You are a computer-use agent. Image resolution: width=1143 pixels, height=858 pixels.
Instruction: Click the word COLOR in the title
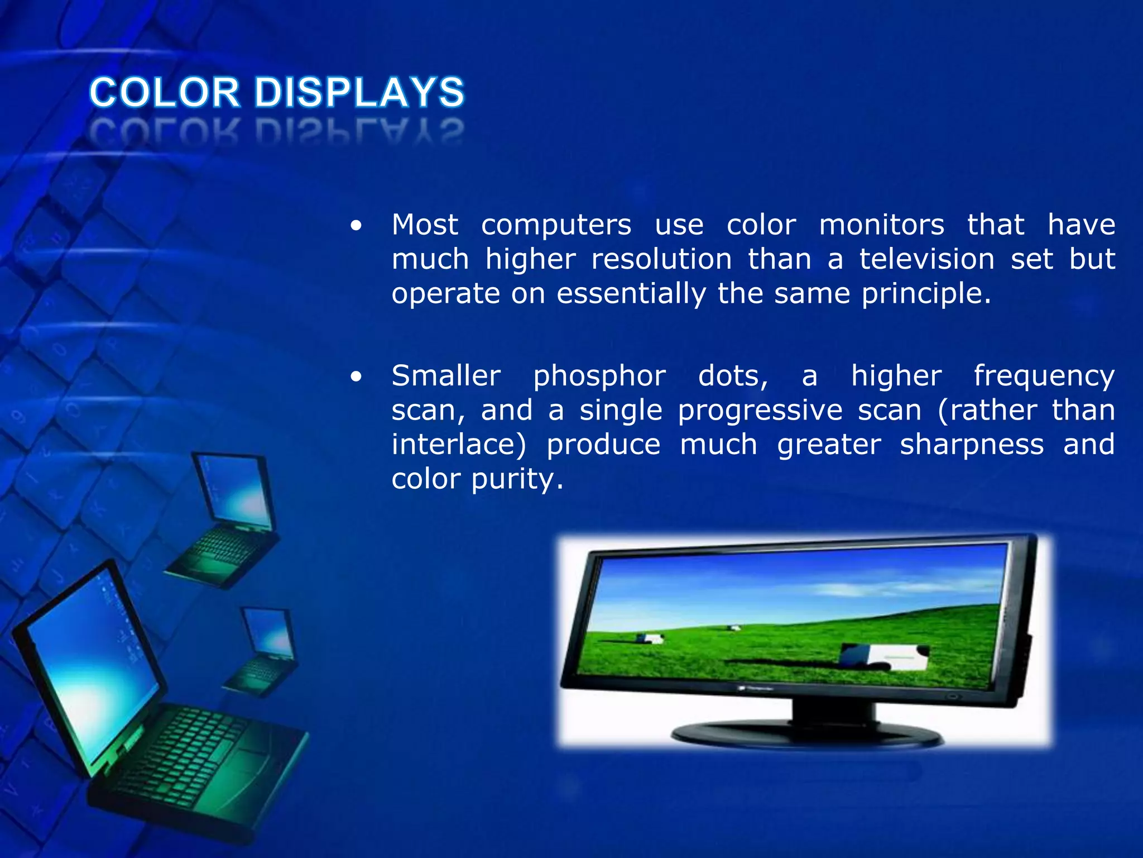[x=165, y=93]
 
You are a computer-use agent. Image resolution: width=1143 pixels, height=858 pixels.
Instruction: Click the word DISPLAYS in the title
[x=359, y=93]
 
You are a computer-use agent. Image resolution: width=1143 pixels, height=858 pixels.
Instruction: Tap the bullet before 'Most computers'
[x=356, y=226]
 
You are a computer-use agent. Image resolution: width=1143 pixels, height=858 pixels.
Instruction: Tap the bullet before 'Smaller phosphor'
[x=356, y=377]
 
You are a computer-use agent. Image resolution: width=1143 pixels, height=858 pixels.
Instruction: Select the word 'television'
[x=926, y=259]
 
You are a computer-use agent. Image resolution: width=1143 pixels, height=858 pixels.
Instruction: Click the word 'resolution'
[x=661, y=259]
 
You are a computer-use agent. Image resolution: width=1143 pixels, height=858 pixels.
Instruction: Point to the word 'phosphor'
[x=599, y=376]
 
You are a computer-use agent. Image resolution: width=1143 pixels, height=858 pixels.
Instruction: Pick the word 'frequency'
[x=1044, y=376]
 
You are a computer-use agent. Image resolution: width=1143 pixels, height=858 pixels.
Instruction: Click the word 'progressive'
[x=760, y=411]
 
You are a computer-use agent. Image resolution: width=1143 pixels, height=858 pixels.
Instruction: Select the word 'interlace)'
[x=458, y=445]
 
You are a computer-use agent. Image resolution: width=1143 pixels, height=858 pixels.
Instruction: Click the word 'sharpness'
[x=972, y=445]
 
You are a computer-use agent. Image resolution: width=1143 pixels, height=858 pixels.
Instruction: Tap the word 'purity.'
[x=517, y=479]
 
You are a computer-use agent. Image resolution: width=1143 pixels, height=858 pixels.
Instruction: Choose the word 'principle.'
[x=926, y=294]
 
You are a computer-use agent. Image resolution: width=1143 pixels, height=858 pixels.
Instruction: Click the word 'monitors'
[x=881, y=225]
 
